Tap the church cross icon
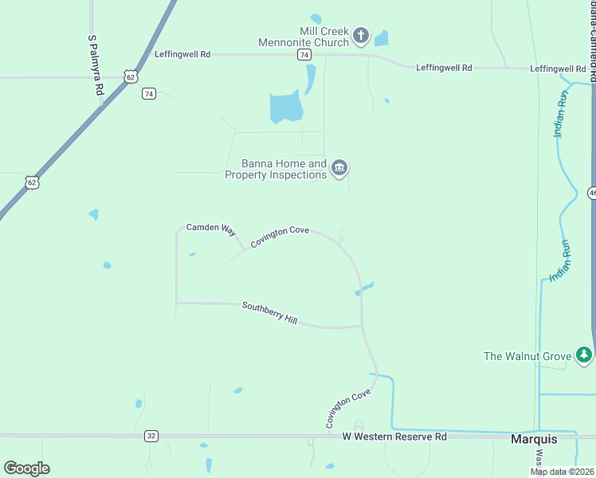(361, 35)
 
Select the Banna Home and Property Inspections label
(276, 169)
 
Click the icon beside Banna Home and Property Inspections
(339, 168)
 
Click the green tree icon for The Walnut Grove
(585, 354)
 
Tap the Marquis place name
(533, 439)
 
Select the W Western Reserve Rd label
(394, 437)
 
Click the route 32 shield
(151, 436)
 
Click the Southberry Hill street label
(269, 312)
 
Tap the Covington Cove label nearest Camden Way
(279, 237)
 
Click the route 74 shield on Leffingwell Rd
(304, 54)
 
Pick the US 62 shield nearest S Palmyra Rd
(131, 75)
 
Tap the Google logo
(26, 468)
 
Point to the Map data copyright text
(563, 472)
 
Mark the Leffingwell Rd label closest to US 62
(183, 54)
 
